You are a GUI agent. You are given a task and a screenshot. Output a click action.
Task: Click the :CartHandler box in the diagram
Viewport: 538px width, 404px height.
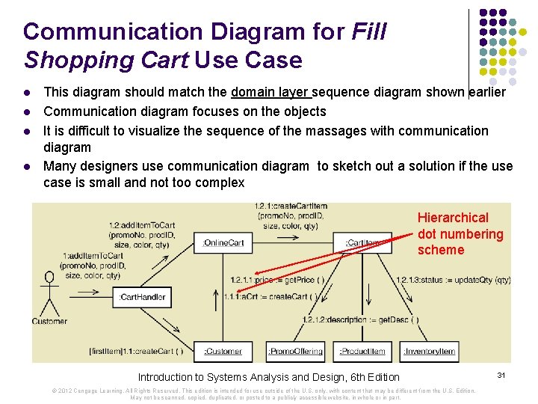pos(143,297)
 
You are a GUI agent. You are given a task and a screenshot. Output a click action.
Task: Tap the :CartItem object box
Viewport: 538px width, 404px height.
pos(364,242)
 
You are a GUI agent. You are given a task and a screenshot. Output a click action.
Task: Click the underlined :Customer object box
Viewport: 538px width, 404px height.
pos(223,351)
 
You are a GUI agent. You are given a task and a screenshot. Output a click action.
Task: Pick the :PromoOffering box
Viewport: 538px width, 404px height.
pos(295,351)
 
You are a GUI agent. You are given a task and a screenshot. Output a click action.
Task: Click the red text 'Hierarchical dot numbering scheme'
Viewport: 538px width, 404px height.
pos(460,233)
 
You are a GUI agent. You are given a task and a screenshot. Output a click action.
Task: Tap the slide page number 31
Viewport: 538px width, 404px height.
pos(501,373)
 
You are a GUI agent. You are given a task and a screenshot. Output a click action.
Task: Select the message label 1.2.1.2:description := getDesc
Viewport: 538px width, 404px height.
pos(360,319)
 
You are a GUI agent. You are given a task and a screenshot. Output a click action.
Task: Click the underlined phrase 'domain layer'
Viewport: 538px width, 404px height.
pos(270,93)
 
